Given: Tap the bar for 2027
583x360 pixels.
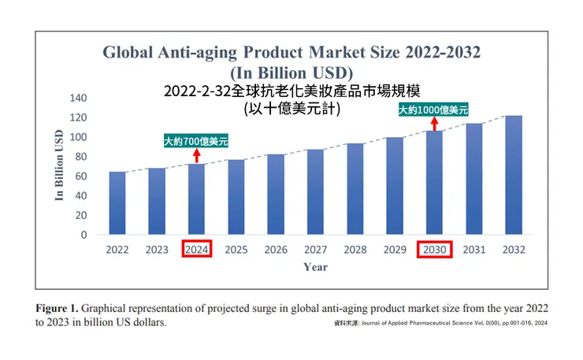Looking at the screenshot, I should tap(315, 192).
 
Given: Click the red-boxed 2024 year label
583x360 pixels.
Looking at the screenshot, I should tap(196, 250).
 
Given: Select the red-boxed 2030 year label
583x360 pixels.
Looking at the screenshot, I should tap(434, 250).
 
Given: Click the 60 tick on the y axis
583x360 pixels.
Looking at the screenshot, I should tap(80, 176).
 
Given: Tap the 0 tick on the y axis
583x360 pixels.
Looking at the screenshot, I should tap(84, 235).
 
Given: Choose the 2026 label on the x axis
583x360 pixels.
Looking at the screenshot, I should tap(276, 250).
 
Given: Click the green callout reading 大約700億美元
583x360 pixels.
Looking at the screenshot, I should tap(196, 142).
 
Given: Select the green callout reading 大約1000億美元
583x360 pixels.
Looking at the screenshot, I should tap(433, 110).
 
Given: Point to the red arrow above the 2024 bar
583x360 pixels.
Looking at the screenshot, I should tap(196, 155).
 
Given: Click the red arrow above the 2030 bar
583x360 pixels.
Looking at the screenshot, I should tap(433, 124).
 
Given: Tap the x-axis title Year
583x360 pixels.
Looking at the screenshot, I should tap(315, 267).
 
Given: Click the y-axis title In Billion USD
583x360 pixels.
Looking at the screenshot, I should tap(59, 166).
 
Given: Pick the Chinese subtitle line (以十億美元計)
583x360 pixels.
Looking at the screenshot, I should tap(291, 108).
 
